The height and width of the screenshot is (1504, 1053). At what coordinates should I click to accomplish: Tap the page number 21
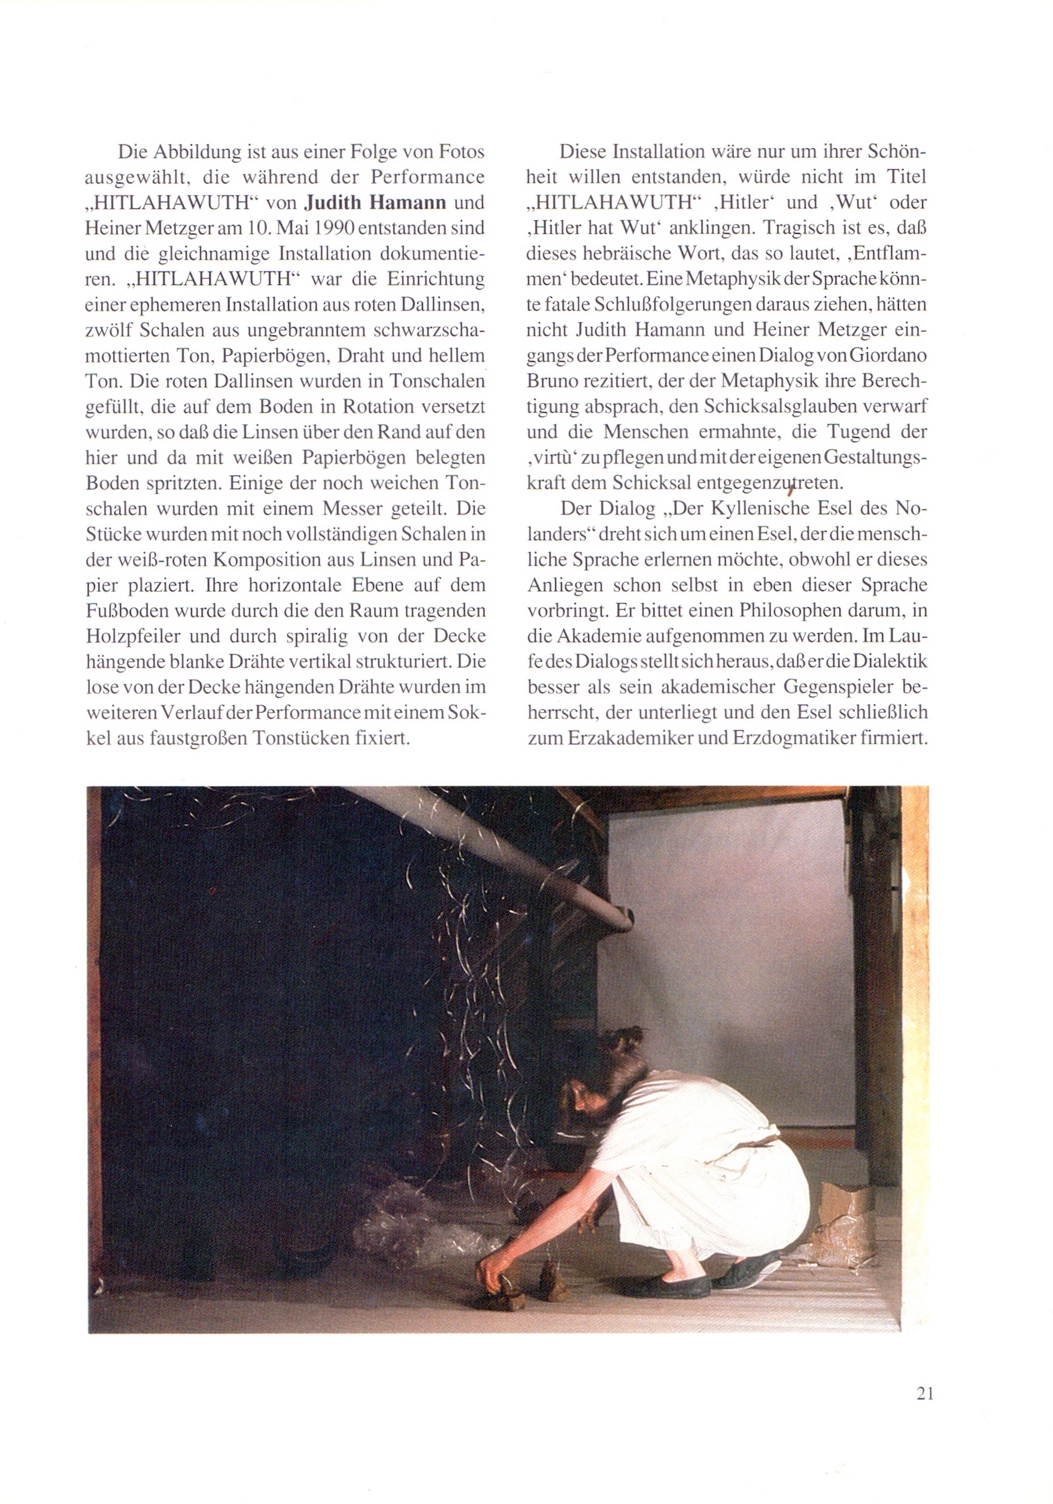coord(925,1393)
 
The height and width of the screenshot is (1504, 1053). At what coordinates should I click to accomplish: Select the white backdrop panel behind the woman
coord(752,940)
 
